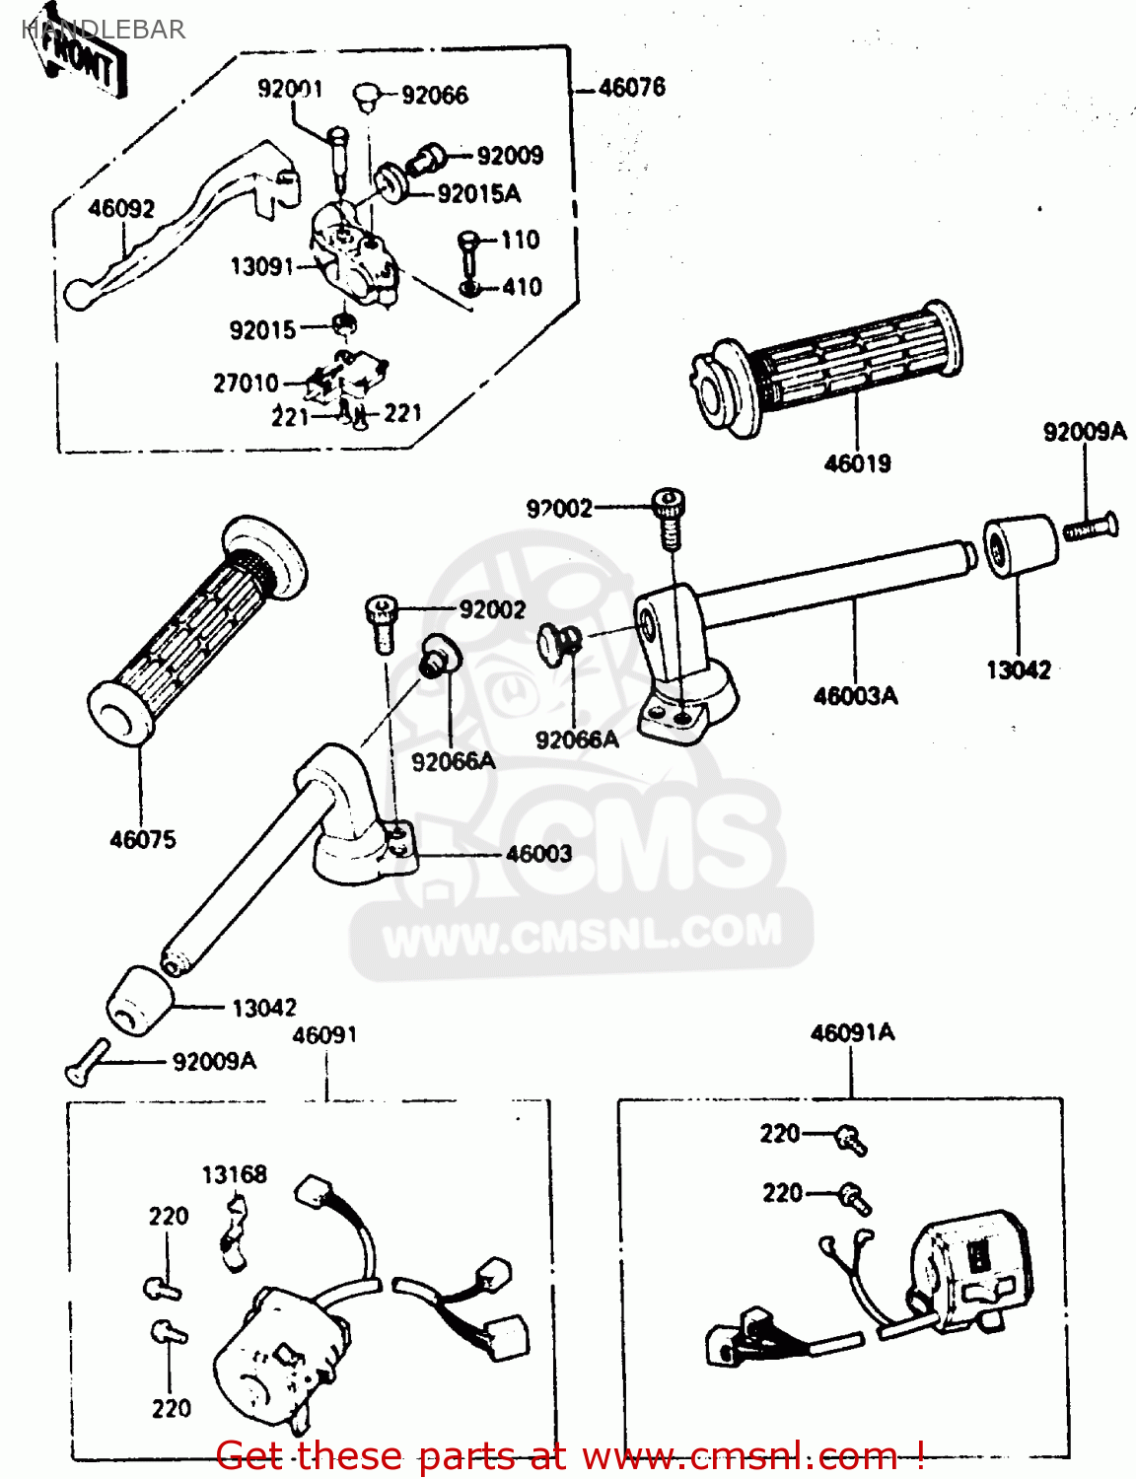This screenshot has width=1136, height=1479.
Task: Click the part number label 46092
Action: (x=120, y=208)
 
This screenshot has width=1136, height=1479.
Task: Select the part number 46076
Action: (x=632, y=88)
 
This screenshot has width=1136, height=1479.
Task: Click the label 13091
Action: (x=261, y=266)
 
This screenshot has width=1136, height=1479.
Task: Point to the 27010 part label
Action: (x=246, y=383)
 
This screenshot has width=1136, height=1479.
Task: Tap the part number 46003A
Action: (x=855, y=696)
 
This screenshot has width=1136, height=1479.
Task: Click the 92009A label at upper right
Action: (x=1084, y=432)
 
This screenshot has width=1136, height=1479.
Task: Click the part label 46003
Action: (x=538, y=854)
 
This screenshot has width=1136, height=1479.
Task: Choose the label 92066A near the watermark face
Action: (x=453, y=761)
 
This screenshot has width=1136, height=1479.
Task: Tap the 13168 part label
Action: (x=234, y=1174)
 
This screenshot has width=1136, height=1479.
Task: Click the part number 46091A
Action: (x=852, y=1033)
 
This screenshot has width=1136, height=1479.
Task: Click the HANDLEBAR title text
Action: (x=103, y=30)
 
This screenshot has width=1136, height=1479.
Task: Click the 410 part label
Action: (x=522, y=287)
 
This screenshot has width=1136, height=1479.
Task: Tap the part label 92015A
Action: (x=478, y=194)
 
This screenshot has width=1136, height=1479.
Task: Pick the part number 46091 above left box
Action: (x=324, y=1035)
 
